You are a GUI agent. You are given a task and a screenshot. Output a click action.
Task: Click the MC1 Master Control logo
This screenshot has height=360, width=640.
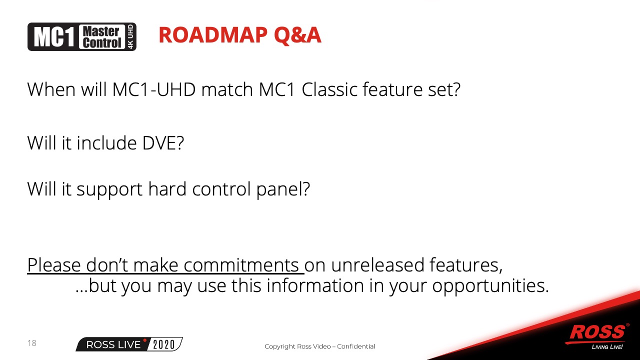coord(82,37)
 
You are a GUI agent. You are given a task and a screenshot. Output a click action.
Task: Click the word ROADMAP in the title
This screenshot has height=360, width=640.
coord(213,35)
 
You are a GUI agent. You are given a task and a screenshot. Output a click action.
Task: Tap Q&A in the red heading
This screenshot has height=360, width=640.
coord(297,35)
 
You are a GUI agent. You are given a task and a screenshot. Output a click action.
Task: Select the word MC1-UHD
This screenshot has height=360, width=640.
coord(154,89)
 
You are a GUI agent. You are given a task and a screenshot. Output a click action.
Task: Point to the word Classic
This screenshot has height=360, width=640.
coord(329,89)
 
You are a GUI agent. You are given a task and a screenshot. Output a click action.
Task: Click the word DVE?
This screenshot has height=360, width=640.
coord(163,143)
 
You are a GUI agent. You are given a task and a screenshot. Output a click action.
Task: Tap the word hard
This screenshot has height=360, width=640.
coord(167,189)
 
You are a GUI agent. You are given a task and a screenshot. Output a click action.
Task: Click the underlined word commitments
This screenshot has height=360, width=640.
coord(241,265)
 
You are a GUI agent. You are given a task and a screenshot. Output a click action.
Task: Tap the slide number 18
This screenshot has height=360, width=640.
coord(31,343)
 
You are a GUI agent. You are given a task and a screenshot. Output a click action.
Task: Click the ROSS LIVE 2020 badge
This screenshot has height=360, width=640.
coord(129,344)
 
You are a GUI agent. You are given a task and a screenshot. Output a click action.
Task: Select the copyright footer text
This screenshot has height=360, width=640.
coord(319,346)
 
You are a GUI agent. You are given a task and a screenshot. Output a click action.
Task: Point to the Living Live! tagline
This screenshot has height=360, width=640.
coord(607,347)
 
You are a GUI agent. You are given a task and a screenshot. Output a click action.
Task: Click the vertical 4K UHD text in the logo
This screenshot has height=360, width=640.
coord(130,37)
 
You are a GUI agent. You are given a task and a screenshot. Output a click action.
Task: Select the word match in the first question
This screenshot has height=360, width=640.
coord(227,89)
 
